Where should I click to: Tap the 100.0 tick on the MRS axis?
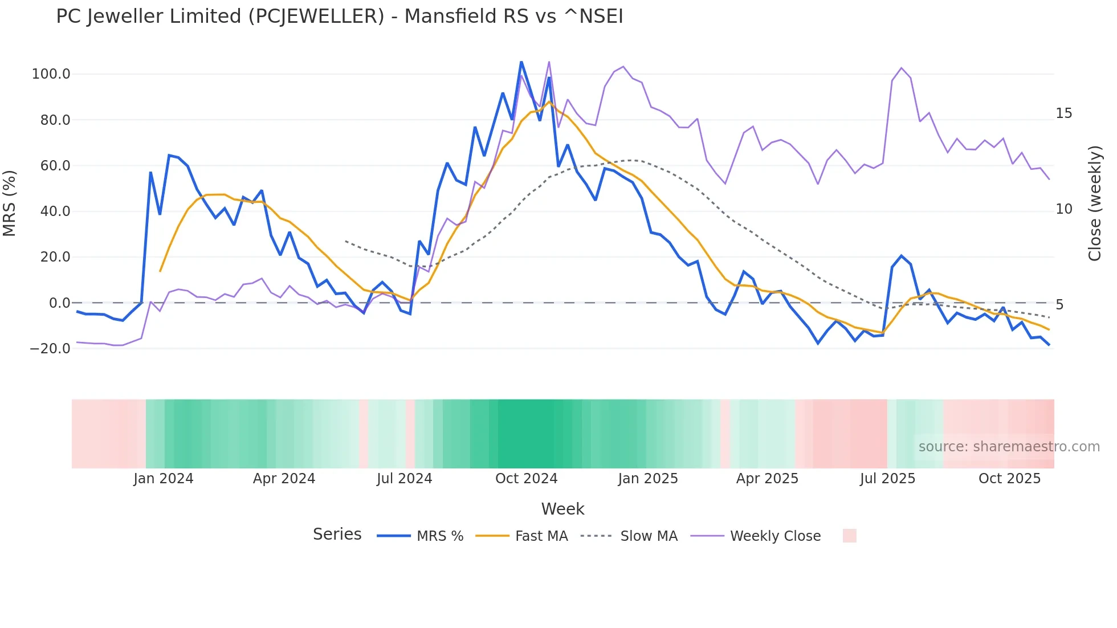pos(51,74)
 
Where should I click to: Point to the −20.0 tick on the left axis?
pos(50,348)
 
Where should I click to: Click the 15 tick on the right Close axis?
pos(1063,113)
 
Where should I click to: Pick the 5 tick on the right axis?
pos(1059,305)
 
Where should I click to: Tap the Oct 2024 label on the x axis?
pos(526,479)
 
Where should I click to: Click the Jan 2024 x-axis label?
pos(164,479)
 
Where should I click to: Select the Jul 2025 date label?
pos(887,479)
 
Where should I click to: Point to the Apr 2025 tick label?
pos(767,479)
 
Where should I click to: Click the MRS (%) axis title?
pos(10,203)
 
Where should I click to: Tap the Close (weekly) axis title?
pos(1094,203)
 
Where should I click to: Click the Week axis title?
pos(562,509)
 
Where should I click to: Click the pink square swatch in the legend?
pos(849,536)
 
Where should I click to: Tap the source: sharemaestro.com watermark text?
pos(1009,447)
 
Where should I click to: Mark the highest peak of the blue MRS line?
pos(521,62)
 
